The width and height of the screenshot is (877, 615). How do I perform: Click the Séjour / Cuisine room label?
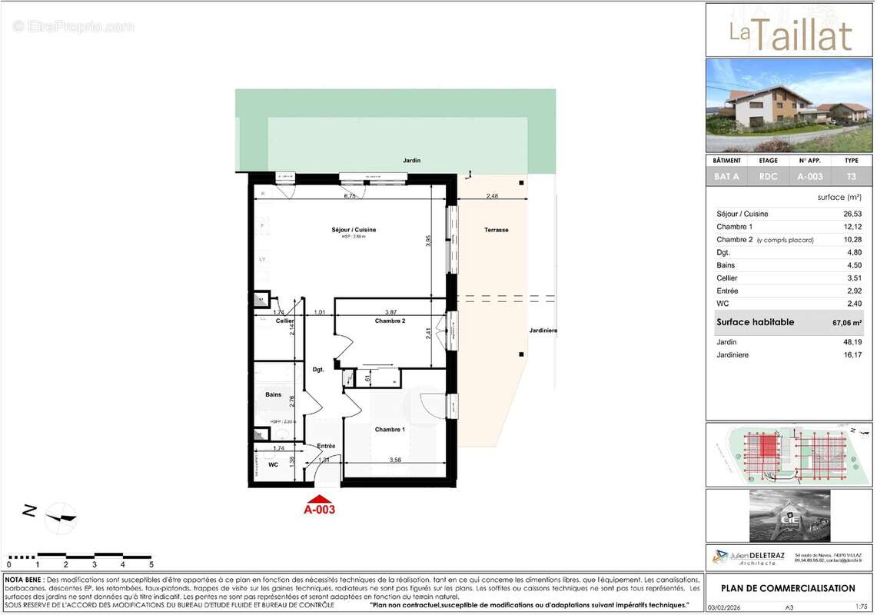tap(354, 230)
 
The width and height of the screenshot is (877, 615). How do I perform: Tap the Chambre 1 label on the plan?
tap(389, 430)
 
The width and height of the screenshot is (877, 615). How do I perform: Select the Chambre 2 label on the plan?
tap(390, 321)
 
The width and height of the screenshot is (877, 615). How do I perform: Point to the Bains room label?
tap(273, 394)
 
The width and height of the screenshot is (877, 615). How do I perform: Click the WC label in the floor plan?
tap(273, 464)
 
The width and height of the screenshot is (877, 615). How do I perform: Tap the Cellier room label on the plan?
tap(285, 321)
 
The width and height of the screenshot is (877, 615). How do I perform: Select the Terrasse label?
tap(496, 230)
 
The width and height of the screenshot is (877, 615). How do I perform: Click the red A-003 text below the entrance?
tap(319, 509)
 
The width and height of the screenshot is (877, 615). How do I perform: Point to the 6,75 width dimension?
tap(349, 196)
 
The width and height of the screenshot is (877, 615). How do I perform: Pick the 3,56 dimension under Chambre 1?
tap(395, 460)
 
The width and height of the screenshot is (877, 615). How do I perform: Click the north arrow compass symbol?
tap(61, 517)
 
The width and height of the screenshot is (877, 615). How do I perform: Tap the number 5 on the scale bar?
tap(151, 564)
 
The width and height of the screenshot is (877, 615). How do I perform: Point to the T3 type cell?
tap(851, 177)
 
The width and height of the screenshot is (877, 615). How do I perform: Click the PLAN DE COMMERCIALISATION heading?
tap(787, 588)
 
